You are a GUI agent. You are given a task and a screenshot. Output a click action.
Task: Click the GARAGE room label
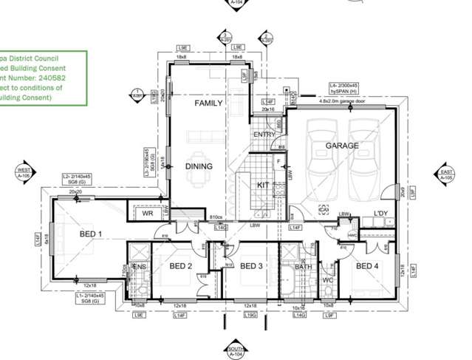tap(342, 146)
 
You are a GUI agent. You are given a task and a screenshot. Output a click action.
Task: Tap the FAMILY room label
tap(208, 103)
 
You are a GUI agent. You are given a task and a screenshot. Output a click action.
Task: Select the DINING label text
tap(199, 166)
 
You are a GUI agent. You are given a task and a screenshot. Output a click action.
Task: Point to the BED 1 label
tap(91, 234)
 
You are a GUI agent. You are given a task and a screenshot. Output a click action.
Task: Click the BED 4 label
tap(367, 266)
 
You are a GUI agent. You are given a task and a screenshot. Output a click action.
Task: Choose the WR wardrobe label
tap(147, 213)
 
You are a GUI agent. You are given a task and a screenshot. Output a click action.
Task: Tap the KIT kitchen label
tap(263, 186)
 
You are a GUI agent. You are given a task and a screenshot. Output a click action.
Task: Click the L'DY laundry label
tap(380, 214)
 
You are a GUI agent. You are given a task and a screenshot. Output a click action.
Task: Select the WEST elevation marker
tap(26, 174)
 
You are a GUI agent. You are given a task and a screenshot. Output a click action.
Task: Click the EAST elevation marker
tap(445, 174)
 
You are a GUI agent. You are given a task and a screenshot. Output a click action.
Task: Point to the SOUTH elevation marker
tap(236, 351)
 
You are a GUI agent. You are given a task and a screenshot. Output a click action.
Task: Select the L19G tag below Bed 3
tap(250, 315)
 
